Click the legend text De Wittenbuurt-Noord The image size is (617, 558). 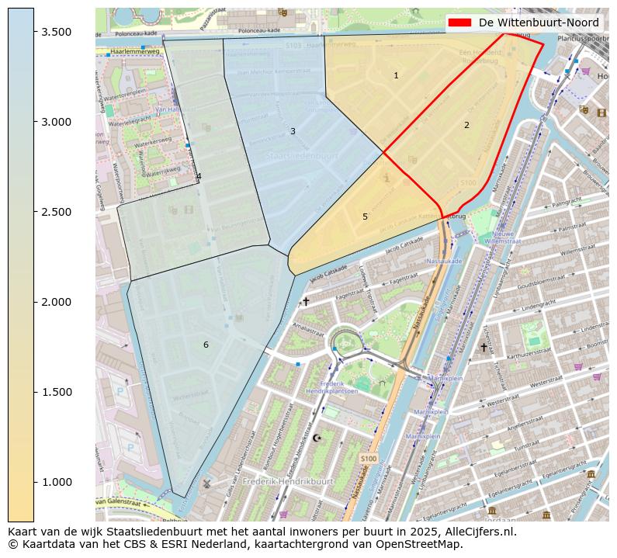pos(539,23)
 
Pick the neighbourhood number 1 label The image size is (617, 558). pos(396,75)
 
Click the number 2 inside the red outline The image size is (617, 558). pos(466,125)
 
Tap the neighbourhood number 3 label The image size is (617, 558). pos(293,131)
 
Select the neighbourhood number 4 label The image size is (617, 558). pos(199,176)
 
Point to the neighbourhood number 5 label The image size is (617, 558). pos(365,217)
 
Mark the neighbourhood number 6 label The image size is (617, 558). pos(206,345)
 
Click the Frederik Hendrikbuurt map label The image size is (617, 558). pos(287,481)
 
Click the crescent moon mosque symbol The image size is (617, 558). pos(317,438)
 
